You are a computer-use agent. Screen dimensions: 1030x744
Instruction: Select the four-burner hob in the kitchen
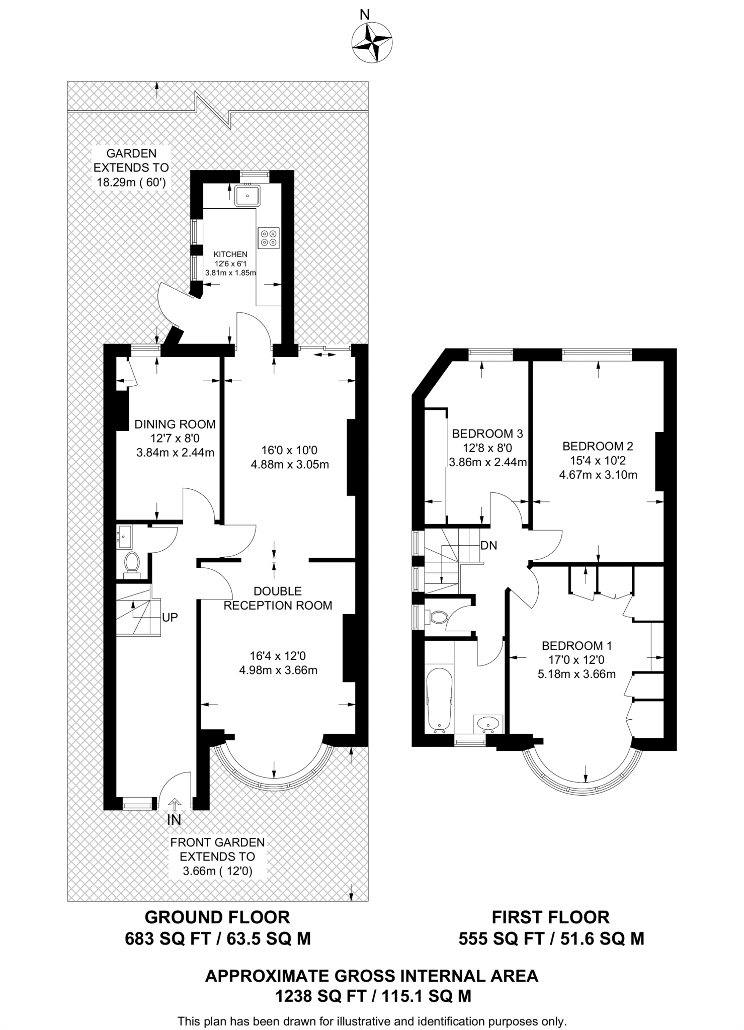(268, 238)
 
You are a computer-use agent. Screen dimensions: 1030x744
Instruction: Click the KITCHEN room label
(230, 254)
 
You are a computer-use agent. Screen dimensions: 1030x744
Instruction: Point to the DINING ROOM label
(175, 424)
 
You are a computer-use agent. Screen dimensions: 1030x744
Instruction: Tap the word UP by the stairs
(170, 617)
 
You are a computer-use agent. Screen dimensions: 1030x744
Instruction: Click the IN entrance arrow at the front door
(174, 805)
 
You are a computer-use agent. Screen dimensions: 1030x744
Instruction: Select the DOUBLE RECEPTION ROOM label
(278, 598)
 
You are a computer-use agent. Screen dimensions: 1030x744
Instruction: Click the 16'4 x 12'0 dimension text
(278, 656)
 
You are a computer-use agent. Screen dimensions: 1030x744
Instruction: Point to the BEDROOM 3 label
(487, 434)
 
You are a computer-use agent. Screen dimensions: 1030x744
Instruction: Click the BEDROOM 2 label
(598, 446)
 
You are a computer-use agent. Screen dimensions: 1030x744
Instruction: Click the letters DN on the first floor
(488, 545)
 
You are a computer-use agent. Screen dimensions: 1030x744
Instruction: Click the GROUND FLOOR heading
(217, 917)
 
